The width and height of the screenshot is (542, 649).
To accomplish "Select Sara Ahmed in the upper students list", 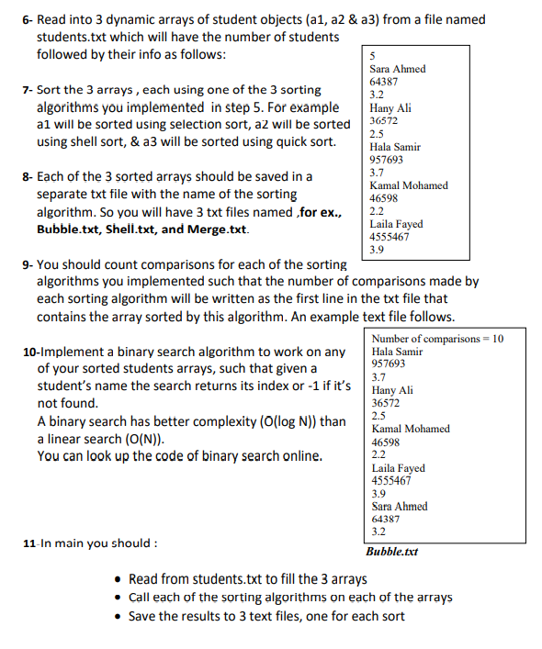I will pyautogui.click(x=397, y=69).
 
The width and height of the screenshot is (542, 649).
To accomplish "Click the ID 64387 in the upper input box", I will pyautogui.click(x=384, y=82).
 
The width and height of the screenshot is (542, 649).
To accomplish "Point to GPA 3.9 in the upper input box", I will pyautogui.click(x=377, y=249).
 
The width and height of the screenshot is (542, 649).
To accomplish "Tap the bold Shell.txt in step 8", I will pyautogui.click(x=136, y=229).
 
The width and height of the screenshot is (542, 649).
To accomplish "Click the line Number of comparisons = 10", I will pyautogui.click(x=437, y=339).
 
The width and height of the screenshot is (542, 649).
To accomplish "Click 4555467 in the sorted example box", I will pyautogui.click(x=390, y=480).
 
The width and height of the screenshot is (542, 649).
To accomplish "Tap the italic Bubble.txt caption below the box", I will pyautogui.click(x=391, y=553).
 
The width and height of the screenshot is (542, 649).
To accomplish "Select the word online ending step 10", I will pyautogui.click(x=299, y=456).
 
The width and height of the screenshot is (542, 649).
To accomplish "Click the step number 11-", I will pyautogui.click(x=31, y=543).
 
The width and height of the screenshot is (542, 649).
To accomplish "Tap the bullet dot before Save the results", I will pyautogui.click(x=119, y=616).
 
